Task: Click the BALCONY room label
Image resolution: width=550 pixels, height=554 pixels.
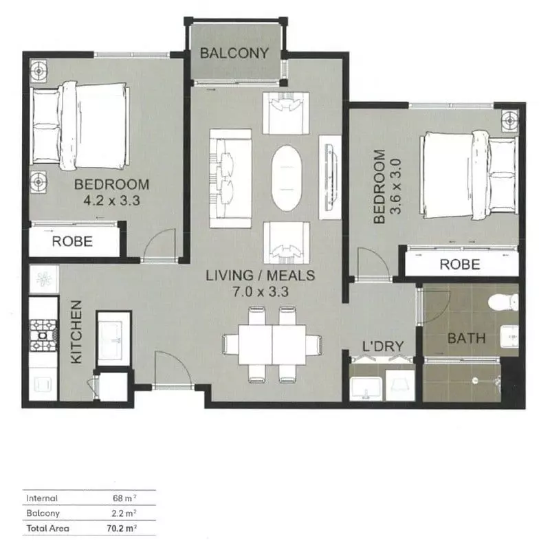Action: [x=234, y=53]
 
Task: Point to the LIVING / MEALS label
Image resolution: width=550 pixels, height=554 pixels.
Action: [x=261, y=276]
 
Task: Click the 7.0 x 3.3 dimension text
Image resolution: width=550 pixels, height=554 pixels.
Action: [x=261, y=291]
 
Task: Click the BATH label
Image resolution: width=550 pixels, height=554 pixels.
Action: [x=467, y=338]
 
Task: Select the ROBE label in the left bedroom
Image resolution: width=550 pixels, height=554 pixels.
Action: [x=73, y=242]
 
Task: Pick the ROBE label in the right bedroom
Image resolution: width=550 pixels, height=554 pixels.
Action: [x=459, y=264]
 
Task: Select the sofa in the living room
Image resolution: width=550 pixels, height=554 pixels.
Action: [x=230, y=178]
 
